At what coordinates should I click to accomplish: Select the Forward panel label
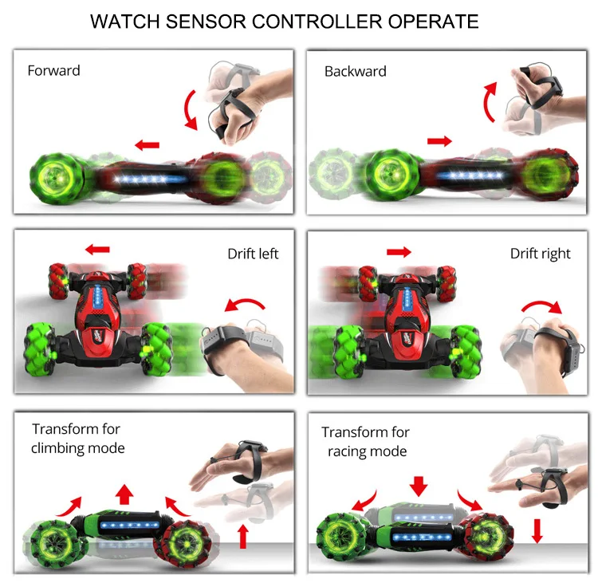53,70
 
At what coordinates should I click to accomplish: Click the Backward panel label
355,71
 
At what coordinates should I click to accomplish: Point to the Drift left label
253,254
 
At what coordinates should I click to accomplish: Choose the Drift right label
541,254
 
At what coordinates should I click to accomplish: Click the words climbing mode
78,447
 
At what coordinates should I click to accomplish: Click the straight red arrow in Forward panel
147,144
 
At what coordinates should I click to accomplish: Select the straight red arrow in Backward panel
439,141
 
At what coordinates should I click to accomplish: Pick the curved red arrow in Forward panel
190,110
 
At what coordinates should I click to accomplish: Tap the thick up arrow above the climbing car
124,493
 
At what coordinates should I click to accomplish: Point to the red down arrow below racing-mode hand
537,530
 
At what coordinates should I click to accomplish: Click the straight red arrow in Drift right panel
398,252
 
